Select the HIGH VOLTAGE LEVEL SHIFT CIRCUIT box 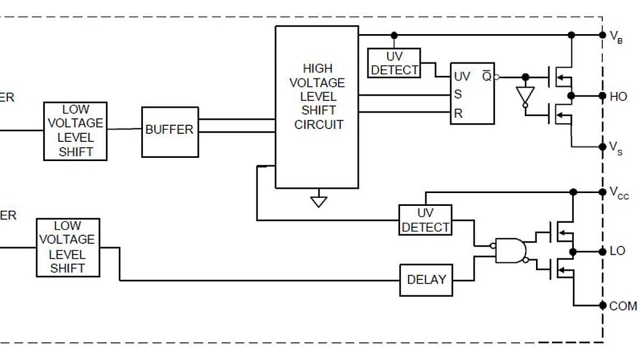316,107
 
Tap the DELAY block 426,280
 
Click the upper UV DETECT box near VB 394,63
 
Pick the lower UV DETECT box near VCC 425,220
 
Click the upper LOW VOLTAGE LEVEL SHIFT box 75,131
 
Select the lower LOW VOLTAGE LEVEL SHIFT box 68,247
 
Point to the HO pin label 618,97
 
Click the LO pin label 617,251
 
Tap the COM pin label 622,306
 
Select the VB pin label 616,36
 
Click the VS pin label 615,147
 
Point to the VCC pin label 619,193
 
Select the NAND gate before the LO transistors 510,250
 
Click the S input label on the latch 458,95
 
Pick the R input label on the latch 458,113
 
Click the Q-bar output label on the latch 486,76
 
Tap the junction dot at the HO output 571,96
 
